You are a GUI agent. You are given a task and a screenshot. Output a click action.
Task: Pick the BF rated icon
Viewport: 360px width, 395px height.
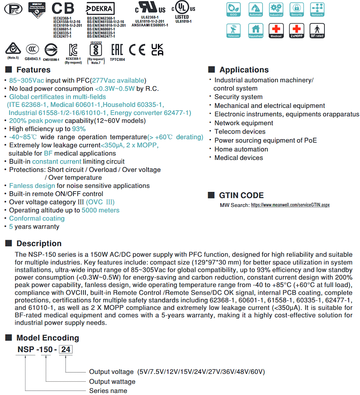[x=317, y=31]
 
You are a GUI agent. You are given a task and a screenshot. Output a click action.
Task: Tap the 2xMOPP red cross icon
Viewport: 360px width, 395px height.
[x=297, y=31]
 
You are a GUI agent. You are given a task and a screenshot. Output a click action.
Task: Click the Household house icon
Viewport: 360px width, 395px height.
[x=256, y=31]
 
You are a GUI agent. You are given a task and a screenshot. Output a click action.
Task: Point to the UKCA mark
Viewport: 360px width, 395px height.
[x=157, y=50]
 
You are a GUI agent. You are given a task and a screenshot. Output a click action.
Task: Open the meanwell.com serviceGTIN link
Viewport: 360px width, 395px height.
[x=290, y=205]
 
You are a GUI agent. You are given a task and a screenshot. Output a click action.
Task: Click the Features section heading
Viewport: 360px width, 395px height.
[x=33, y=70]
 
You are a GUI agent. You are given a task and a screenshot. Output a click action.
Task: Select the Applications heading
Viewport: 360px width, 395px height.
[x=244, y=70]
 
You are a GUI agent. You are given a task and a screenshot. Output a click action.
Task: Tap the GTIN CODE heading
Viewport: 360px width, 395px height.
[x=241, y=195]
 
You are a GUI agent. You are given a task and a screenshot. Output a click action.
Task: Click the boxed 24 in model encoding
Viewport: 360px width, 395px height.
[x=66, y=350]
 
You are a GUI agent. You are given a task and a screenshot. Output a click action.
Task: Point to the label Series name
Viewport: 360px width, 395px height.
[x=108, y=390]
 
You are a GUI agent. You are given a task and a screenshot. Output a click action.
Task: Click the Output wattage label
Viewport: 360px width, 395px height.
[x=112, y=381]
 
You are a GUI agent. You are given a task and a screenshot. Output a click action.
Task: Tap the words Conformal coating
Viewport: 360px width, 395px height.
[x=37, y=218]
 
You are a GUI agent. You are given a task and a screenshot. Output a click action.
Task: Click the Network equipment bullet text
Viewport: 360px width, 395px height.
[x=244, y=123]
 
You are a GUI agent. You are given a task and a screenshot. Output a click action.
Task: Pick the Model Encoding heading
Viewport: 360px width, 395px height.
[x=47, y=338]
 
